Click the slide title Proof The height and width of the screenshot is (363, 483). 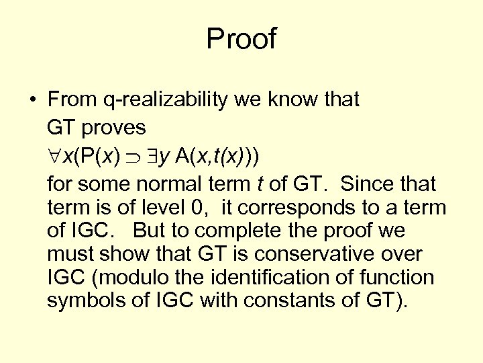pyautogui.click(x=241, y=39)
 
